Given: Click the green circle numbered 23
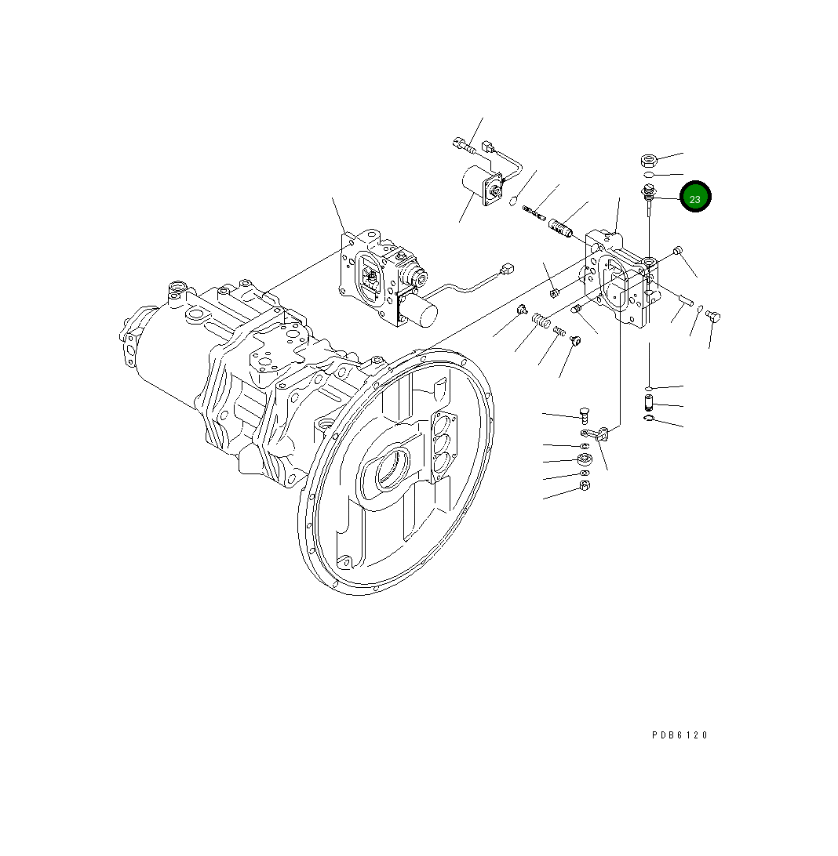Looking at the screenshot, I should point(695,198).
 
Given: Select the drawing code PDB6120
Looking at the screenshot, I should point(680,735).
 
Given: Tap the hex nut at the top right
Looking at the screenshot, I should point(648,161).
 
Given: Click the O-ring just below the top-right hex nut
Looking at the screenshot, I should point(648,176).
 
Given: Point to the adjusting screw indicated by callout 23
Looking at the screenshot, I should point(649,196).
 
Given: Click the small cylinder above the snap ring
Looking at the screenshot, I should point(649,404).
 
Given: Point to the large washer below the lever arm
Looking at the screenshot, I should point(585,459).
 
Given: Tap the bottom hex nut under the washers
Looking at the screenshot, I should point(585,486).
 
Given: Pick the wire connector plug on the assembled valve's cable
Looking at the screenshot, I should point(508,270).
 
